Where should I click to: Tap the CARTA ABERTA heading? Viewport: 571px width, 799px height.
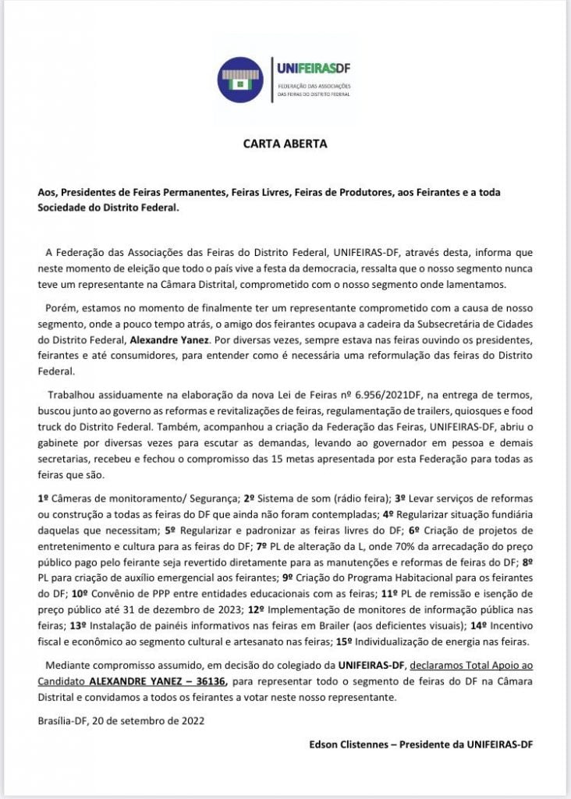(x=285, y=144)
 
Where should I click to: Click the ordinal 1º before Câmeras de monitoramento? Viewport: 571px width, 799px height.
(x=44, y=498)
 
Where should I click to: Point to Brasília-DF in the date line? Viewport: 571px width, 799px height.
(x=63, y=720)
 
